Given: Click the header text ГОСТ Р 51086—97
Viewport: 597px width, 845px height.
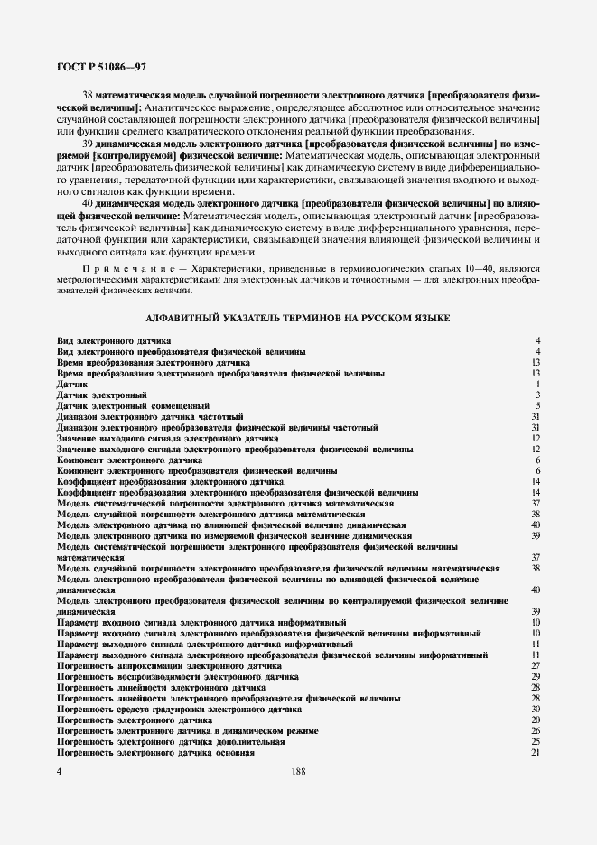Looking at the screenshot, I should coord(89,67).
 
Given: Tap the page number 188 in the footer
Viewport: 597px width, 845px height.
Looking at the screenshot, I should coord(299,771).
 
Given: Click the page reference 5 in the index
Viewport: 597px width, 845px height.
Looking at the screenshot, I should coord(536,406).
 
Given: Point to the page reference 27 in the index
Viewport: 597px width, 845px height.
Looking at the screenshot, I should coord(535,665).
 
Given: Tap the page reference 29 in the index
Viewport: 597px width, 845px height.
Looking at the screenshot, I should coord(535,676).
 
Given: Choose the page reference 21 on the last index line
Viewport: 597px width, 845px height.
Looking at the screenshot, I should coord(535,752).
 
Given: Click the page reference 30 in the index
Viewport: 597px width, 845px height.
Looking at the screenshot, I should coord(535,709).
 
